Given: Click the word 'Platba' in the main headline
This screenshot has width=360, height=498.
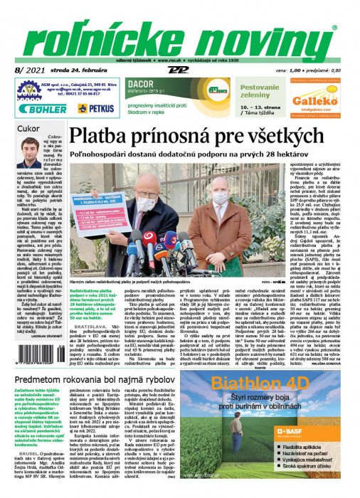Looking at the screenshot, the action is (x=124, y=135).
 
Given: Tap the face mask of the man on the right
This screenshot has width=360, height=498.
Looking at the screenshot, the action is (x=221, y=201).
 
